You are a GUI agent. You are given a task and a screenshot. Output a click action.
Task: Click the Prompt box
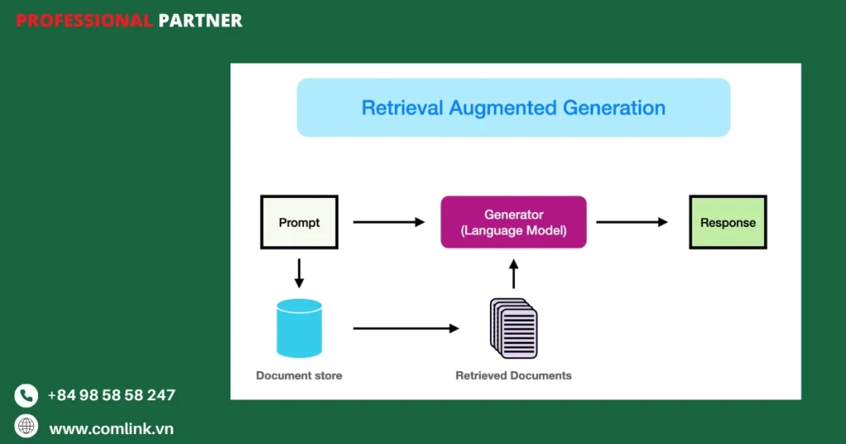click(x=299, y=222)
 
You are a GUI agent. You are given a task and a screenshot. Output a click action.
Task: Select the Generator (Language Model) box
click(x=513, y=222)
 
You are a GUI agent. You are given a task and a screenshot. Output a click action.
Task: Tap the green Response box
click(x=728, y=222)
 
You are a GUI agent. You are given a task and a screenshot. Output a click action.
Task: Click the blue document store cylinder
click(x=299, y=328)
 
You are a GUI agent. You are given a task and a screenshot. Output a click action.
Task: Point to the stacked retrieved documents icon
click(x=514, y=328)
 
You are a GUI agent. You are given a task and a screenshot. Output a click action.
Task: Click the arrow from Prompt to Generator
click(x=388, y=222)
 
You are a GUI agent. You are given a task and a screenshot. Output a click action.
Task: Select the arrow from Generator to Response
click(x=632, y=222)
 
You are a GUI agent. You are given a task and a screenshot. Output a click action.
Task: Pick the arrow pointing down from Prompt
click(x=299, y=273)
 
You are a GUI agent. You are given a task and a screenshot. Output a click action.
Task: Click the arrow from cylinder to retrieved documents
click(x=406, y=328)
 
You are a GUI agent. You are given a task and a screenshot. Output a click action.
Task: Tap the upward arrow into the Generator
click(x=513, y=273)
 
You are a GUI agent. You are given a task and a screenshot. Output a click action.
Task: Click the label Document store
click(x=299, y=376)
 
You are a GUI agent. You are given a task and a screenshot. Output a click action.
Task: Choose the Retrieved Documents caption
click(x=513, y=376)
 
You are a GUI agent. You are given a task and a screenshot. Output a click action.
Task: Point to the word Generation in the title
click(x=614, y=107)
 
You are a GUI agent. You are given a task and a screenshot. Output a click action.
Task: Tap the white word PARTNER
click(x=200, y=21)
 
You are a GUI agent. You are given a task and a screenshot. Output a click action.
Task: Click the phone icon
click(x=26, y=396)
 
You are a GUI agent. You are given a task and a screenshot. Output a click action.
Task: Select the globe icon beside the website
click(x=26, y=426)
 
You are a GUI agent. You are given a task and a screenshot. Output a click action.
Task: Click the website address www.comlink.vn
click(x=112, y=429)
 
